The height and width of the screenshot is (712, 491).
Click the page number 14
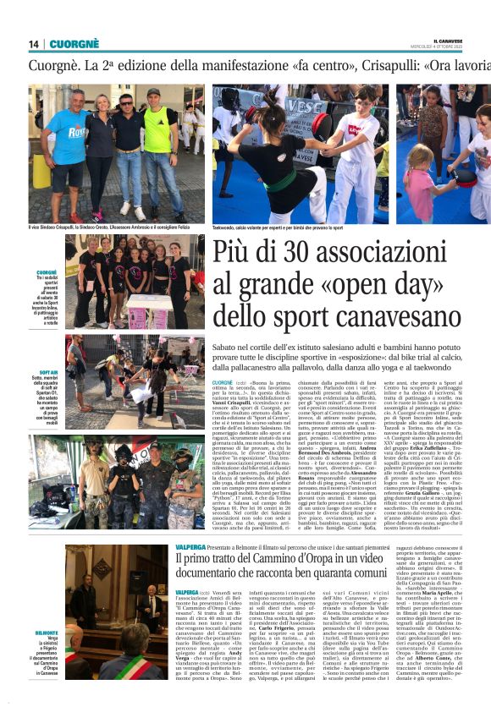33,44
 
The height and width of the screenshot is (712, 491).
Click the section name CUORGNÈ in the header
74,44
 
